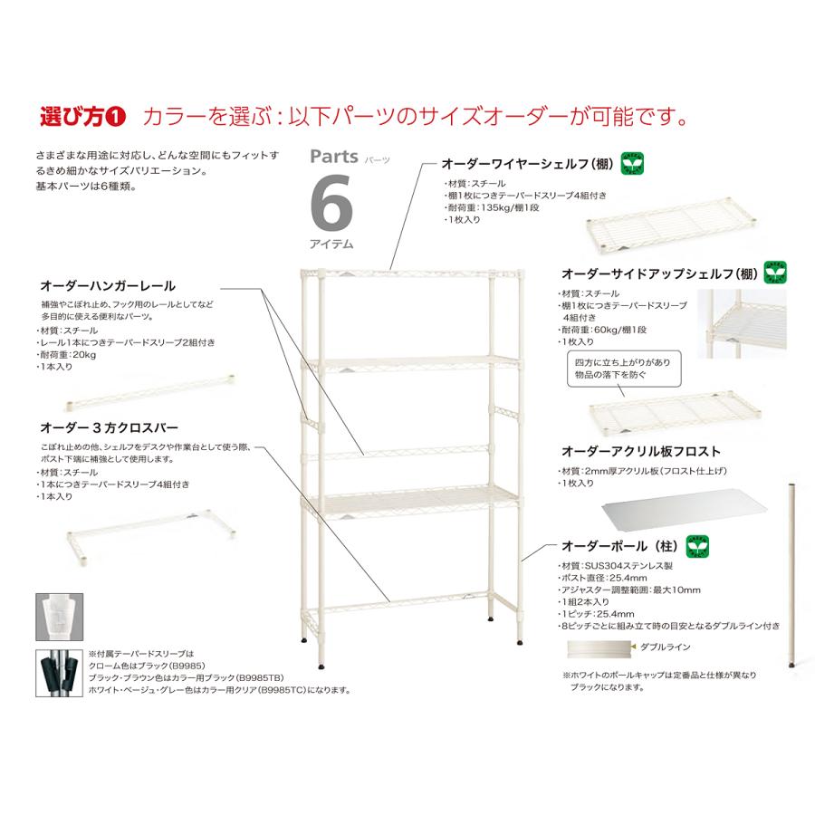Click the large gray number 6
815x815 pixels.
pyautogui.click(x=331, y=204)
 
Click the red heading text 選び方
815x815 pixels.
pyautogui.click(x=74, y=117)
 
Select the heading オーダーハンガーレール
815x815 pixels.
pyautogui.click(x=108, y=285)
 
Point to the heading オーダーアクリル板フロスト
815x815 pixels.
pyautogui.click(x=641, y=450)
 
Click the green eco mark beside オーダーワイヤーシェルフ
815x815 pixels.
pyautogui.click(x=633, y=165)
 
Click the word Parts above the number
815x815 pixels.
pyautogui.click(x=335, y=156)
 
